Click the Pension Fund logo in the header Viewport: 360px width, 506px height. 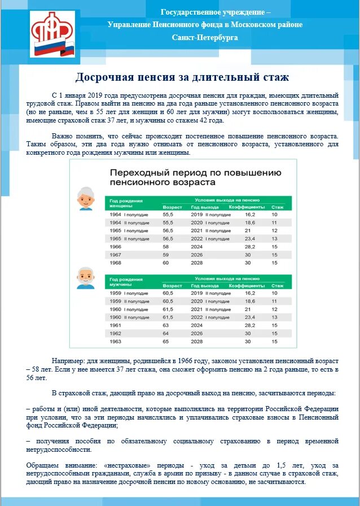(x=52, y=34)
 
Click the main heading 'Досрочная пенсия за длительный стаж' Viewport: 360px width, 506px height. (x=182, y=77)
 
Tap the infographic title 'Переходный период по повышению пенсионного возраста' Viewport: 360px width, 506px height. (x=195, y=177)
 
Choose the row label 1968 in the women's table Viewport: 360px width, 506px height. (x=115, y=263)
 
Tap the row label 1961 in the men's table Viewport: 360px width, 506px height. (x=115, y=326)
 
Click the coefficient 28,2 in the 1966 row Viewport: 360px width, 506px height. (x=251, y=247)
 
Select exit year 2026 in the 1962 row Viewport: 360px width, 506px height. (x=197, y=334)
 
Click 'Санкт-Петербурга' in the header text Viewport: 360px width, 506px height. (x=205, y=37)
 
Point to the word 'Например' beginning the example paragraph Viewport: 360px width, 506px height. (x=70, y=360)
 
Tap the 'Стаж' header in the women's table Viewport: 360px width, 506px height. (x=277, y=207)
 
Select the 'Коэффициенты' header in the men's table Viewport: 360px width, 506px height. (x=243, y=286)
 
